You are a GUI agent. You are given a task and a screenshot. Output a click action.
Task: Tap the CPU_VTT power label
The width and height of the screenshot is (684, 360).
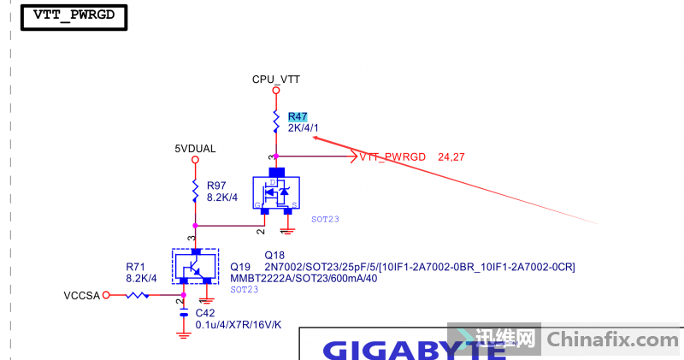click(x=275, y=80)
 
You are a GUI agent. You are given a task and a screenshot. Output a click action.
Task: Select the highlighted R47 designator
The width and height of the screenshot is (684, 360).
click(x=298, y=116)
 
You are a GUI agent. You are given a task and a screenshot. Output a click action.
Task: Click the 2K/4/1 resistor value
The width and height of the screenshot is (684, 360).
click(x=304, y=128)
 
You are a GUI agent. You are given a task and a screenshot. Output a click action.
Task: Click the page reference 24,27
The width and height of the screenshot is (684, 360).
click(x=451, y=157)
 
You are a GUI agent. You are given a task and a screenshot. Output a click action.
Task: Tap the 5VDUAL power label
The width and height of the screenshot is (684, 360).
click(x=195, y=148)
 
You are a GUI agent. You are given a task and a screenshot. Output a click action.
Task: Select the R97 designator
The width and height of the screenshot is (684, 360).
click(x=216, y=186)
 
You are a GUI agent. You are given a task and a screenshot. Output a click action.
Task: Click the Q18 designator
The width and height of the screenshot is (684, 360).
click(x=274, y=256)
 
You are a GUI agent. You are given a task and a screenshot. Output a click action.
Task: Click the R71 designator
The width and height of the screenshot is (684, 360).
click(x=137, y=266)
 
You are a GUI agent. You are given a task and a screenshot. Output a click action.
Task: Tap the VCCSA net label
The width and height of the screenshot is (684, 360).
click(x=82, y=295)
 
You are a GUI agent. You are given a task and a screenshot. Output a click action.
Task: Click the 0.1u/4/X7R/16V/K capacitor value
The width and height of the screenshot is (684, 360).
click(x=239, y=325)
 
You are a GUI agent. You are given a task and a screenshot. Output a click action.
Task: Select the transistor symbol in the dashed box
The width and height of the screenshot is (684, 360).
click(x=195, y=267)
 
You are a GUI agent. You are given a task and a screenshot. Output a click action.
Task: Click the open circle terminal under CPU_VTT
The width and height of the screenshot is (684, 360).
click(x=275, y=91)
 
